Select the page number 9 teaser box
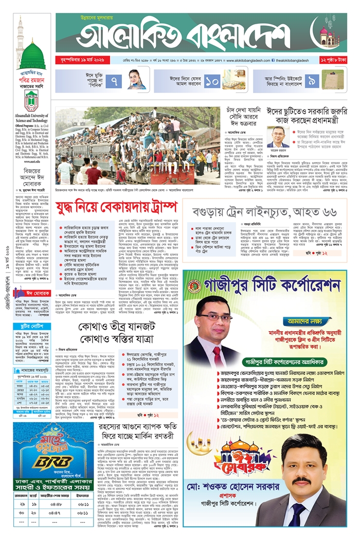tap(312, 81)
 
